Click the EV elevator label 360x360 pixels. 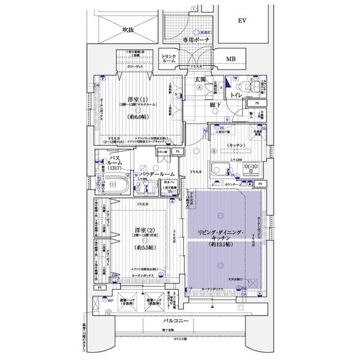click(x=242, y=21)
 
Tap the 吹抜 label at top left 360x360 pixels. click(x=130, y=28)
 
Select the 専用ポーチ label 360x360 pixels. click(x=196, y=40)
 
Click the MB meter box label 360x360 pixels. click(x=231, y=59)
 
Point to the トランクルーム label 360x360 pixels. click(x=169, y=59)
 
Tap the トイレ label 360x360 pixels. click(x=236, y=95)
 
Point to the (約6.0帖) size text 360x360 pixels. click(x=136, y=118)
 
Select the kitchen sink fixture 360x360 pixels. click(x=220, y=168)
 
